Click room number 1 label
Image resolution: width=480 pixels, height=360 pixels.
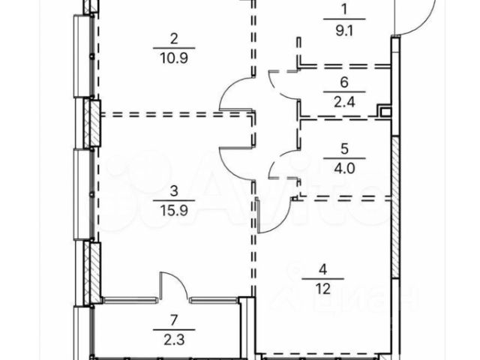point(344,9)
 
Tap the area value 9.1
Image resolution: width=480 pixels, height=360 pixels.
point(344,30)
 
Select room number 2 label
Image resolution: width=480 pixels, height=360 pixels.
point(174,39)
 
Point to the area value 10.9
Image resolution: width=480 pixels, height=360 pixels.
point(174,58)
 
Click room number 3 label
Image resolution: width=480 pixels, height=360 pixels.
point(174,191)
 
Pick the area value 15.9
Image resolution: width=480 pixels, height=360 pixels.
point(174,211)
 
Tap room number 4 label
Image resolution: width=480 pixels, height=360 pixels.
point(322,269)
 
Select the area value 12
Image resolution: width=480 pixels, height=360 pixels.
point(322,288)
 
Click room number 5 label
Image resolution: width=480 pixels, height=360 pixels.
point(344,148)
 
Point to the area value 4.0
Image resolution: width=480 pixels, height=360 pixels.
point(344,168)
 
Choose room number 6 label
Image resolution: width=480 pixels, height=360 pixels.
point(344,82)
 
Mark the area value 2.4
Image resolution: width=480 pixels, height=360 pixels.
point(344,102)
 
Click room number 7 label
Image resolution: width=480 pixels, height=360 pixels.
point(174,320)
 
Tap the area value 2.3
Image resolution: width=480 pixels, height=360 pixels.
point(174,340)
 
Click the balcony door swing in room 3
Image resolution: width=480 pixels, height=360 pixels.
point(181,280)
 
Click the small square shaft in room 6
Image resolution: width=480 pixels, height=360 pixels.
point(385,112)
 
